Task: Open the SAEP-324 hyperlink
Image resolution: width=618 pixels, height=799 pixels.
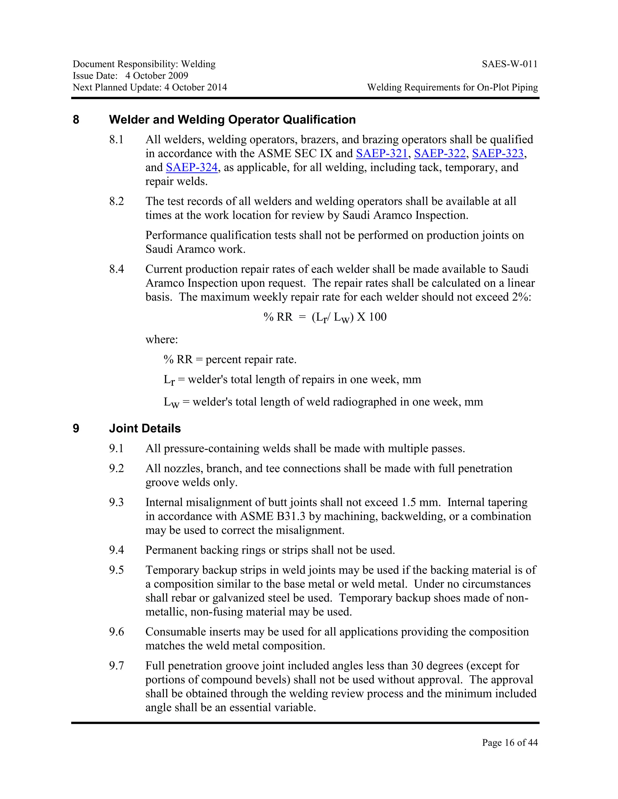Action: [x=192, y=167]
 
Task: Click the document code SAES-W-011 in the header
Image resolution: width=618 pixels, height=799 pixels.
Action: [x=510, y=65]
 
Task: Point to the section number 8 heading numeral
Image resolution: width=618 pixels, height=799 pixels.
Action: [x=76, y=120]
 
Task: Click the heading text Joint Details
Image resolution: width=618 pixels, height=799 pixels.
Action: [x=145, y=428]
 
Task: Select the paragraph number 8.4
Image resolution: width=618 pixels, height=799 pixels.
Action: [x=116, y=269]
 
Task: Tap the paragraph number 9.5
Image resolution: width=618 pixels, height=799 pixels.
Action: [x=116, y=570]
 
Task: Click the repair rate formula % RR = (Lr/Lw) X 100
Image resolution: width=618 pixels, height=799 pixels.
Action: [x=325, y=317]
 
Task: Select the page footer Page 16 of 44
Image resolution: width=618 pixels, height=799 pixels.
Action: [x=510, y=742]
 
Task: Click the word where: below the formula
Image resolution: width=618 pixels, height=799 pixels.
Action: [x=161, y=339]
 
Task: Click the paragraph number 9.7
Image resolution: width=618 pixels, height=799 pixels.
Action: [x=116, y=665]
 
